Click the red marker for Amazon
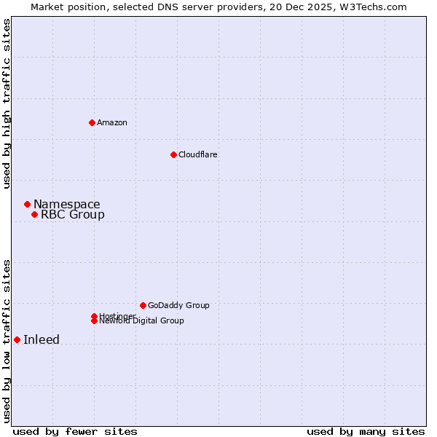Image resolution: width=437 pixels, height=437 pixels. pyautogui.click(x=92, y=122)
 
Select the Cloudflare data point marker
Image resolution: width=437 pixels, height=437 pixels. pyautogui.click(x=173, y=154)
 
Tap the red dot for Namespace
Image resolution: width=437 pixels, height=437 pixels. pyautogui.click(x=27, y=204)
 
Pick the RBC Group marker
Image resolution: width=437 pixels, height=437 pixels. pyautogui.click(x=34, y=214)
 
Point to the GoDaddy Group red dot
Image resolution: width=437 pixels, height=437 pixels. pyautogui.click(x=143, y=305)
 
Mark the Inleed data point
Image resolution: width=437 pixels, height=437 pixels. pyautogui.click(x=17, y=339)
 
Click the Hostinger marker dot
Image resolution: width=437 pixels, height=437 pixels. pyautogui.click(x=94, y=316)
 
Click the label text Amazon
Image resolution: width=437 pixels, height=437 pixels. pyautogui.click(x=112, y=122)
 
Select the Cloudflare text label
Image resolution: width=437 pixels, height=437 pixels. pyautogui.click(x=197, y=154)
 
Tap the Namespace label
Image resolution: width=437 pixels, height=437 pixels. pyautogui.click(x=67, y=204)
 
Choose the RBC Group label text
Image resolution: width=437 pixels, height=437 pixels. pyautogui.click(x=73, y=214)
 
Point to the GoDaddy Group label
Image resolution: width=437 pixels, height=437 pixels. pyautogui.click(x=178, y=305)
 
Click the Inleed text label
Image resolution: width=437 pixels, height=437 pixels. pyautogui.click(x=42, y=339)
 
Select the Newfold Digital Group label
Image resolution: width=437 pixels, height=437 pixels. pyautogui.click(x=142, y=321)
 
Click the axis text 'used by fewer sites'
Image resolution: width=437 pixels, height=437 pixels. pyautogui.click(x=75, y=431)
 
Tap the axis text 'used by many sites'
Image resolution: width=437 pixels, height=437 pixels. pyautogui.click(x=366, y=431)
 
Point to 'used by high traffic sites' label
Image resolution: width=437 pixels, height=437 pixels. pyautogui.click(x=7, y=103)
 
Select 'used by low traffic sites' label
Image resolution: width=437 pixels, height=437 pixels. pyautogui.click(x=7, y=340)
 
